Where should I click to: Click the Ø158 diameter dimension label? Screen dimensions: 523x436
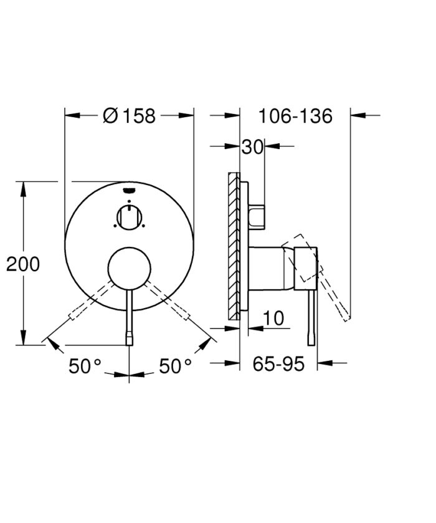[x=129, y=115]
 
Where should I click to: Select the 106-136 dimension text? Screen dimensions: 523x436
[x=295, y=115]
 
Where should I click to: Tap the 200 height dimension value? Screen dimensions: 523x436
[x=23, y=264]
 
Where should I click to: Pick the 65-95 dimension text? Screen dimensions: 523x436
[x=278, y=363]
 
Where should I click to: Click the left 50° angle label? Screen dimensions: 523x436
[x=85, y=367]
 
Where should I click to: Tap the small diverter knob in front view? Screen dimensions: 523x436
[x=129, y=218]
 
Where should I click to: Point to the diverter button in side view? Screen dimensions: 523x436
[x=258, y=216]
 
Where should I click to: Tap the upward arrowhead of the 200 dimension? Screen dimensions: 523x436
[x=24, y=187]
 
